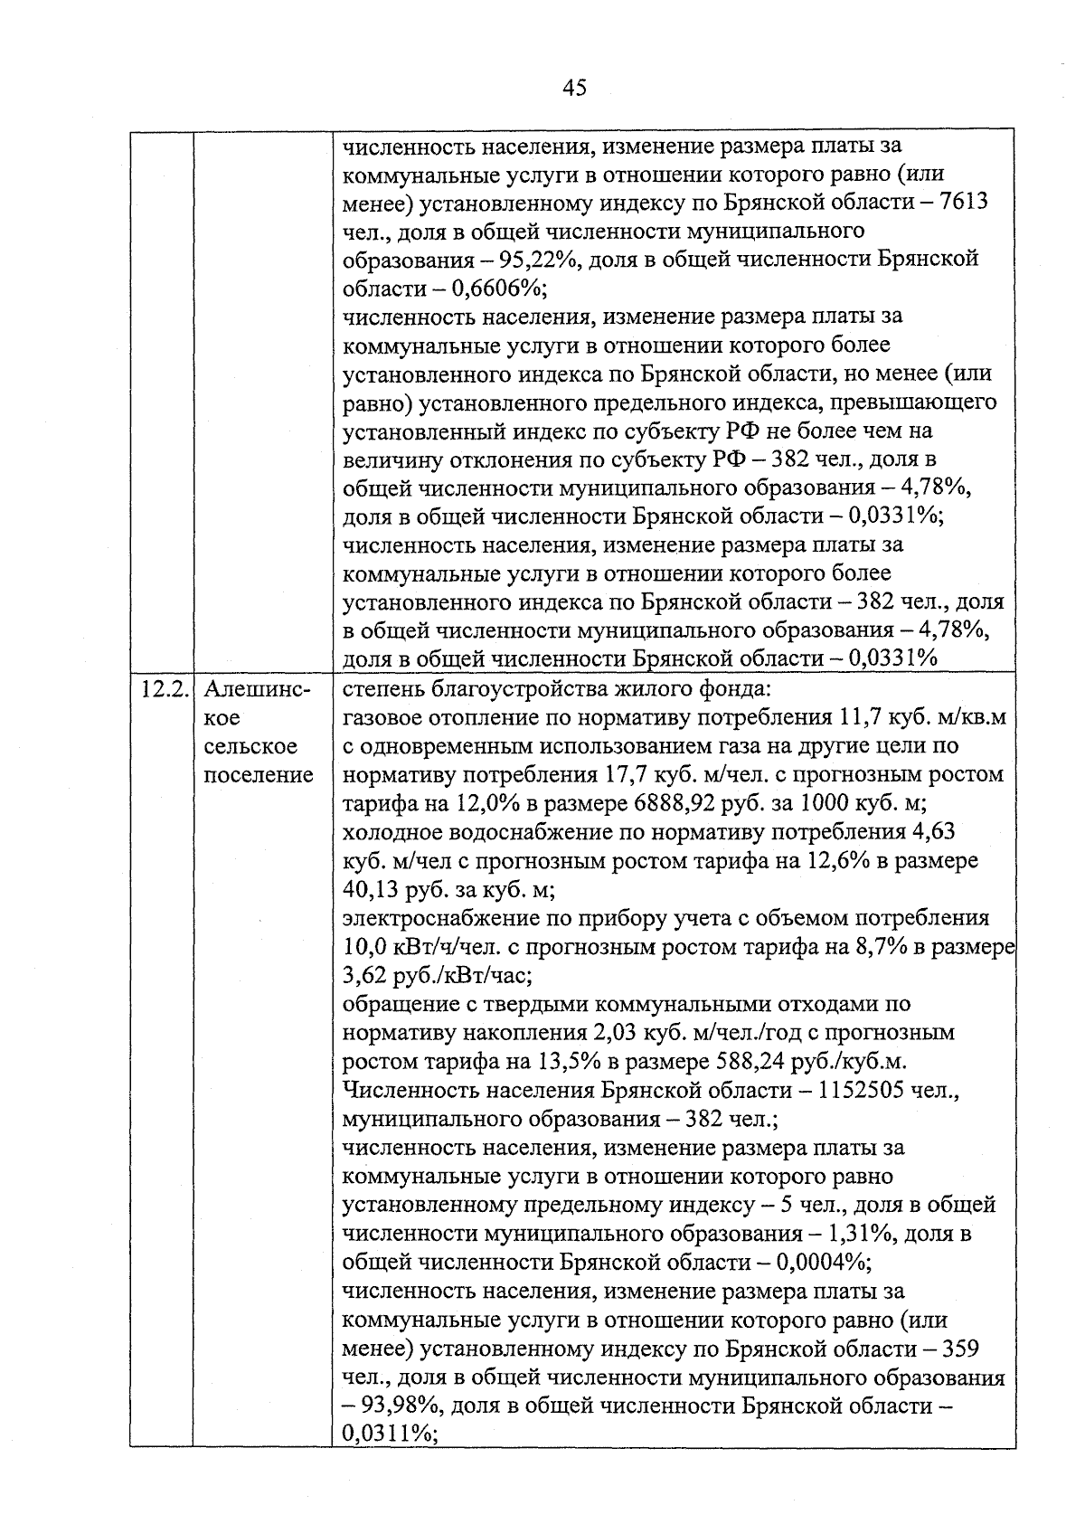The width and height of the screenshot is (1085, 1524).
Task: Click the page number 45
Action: coord(574,88)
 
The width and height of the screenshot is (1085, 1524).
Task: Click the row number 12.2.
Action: coord(164,690)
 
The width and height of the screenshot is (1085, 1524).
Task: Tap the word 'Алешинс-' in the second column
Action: coord(257,690)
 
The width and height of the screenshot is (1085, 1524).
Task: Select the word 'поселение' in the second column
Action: coord(259,775)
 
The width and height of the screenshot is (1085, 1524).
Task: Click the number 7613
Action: coord(964,202)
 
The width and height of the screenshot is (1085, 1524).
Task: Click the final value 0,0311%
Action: coord(388,1435)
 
